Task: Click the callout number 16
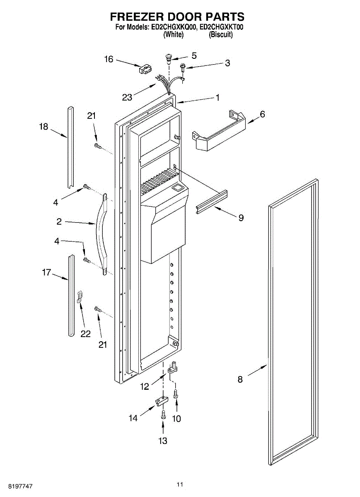pyautogui.click(x=109, y=59)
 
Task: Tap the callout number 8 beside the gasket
pyautogui.click(x=240, y=379)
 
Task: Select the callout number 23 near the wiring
pyautogui.click(x=127, y=97)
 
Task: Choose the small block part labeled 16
pyautogui.click(x=144, y=69)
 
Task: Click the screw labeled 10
pyautogui.click(x=176, y=393)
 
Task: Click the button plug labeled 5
pyautogui.click(x=169, y=57)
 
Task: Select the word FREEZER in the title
pyautogui.click(x=136, y=17)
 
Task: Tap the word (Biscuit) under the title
pyautogui.click(x=220, y=35)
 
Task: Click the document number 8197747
pyautogui.click(x=17, y=485)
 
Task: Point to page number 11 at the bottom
pyautogui.click(x=179, y=484)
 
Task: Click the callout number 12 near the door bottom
pyautogui.click(x=144, y=387)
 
